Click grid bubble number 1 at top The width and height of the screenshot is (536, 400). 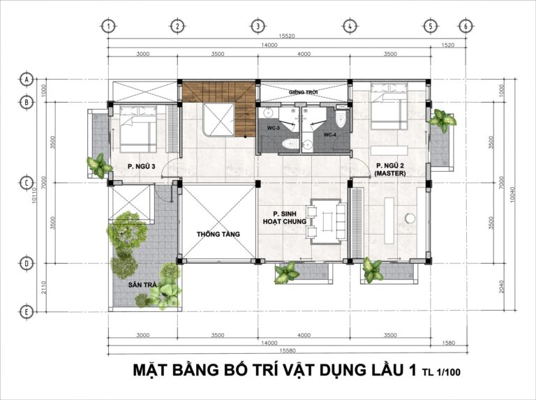coord(109,26)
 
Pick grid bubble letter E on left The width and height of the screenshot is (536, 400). coord(27,311)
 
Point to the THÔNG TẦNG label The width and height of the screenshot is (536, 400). coord(218,234)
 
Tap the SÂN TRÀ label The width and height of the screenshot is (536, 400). coord(142,286)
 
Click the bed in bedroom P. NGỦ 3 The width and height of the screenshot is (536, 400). coord(137,128)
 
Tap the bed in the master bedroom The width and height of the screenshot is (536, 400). coord(385,107)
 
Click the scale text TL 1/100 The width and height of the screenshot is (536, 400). coord(441,373)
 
